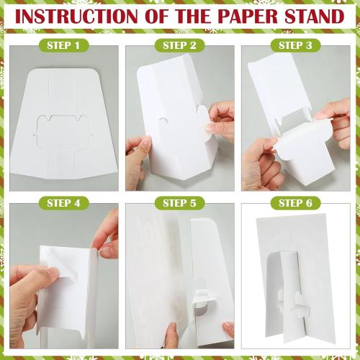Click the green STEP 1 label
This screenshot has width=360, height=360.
coord(63,45)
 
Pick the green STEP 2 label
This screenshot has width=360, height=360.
coord(179,45)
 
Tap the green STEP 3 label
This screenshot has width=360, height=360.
coord(295,45)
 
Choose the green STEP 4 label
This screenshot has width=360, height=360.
coord(63,203)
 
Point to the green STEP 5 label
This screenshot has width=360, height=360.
coord(179,203)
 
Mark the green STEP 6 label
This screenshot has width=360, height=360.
coord(295,203)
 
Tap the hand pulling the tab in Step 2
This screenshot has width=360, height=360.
coord(220,120)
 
